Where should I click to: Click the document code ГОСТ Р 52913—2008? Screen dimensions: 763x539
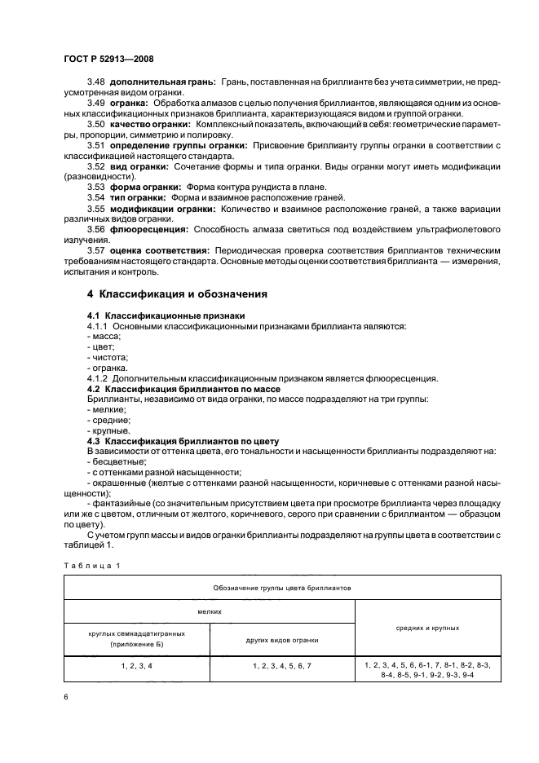[x=108, y=59]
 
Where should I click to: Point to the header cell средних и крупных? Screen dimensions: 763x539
[x=427, y=628]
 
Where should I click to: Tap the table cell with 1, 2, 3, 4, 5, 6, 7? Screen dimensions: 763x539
[x=282, y=666]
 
